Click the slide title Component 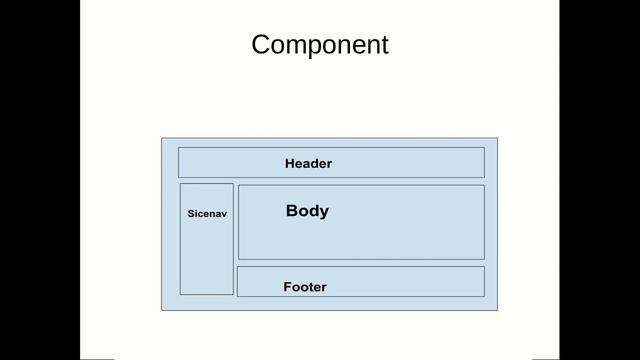coord(320,45)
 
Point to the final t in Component coord(383,45)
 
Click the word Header coord(308,163)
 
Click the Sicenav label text coord(208,214)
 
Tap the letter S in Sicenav coord(191,214)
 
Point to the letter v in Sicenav coord(226,214)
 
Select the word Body coord(307,211)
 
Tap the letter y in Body coord(323,212)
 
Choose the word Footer coord(305,287)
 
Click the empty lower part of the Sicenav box coord(207,265)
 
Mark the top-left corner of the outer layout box coord(162,138)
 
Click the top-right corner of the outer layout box coord(497,138)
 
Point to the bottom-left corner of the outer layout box coord(162,310)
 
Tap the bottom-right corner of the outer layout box coord(497,310)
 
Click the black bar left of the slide coord(40,180)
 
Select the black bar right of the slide coord(600,180)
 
